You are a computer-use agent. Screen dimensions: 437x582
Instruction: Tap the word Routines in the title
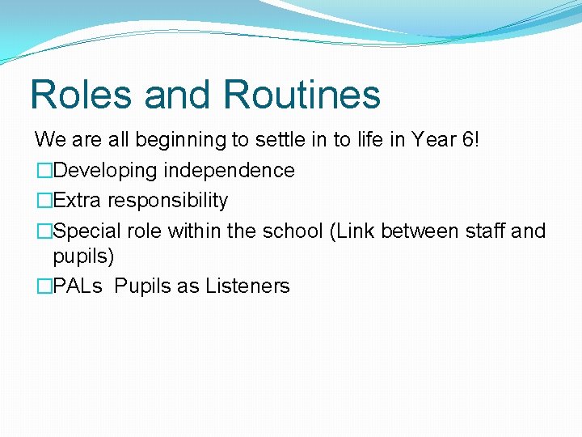pos(302,94)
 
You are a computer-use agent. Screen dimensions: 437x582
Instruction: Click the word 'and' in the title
pos(179,94)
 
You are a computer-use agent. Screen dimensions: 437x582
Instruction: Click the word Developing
pos(104,171)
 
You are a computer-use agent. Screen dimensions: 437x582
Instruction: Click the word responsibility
pos(167,201)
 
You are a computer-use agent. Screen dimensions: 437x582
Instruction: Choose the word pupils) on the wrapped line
pos(83,257)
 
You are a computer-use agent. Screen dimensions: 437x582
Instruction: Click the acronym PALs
pos(78,286)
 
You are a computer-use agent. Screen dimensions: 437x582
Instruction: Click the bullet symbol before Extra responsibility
pos(44,201)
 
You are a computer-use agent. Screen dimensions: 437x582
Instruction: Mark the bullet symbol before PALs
pos(44,286)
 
